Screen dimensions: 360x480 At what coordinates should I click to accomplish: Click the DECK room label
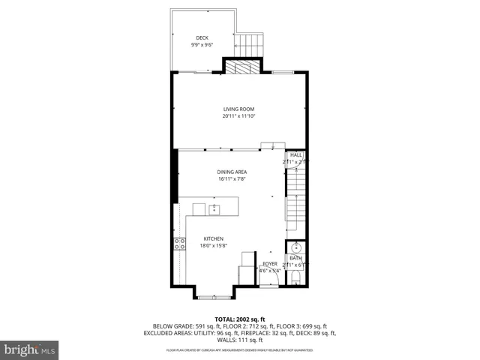(202, 37)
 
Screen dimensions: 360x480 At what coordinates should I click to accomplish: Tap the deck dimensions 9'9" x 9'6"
(202, 44)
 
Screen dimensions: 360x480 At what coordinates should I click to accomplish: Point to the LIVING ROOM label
(238, 109)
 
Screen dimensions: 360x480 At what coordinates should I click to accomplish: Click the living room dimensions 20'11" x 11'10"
(238, 116)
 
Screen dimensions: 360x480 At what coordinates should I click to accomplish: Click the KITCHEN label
(213, 238)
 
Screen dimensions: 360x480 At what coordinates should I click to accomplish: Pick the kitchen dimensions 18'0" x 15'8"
(213, 245)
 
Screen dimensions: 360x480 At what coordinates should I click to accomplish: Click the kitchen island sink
(214, 208)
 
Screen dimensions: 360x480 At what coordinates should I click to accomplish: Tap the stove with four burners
(180, 243)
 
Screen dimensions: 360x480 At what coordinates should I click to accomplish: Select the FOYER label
(269, 264)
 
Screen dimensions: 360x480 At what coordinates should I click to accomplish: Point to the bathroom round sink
(296, 247)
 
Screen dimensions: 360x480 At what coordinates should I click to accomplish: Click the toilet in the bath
(296, 278)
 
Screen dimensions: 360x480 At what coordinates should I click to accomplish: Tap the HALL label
(296, 154)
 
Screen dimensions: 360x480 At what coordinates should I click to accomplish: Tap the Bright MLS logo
(30, 349)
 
